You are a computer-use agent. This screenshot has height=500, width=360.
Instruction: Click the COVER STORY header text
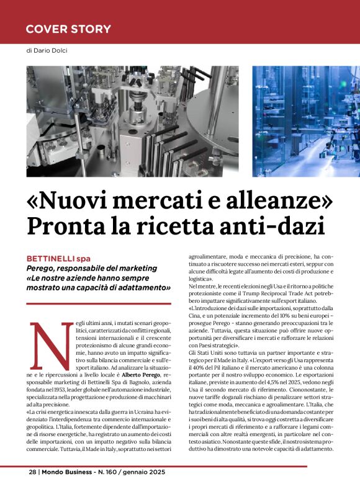[68, 29]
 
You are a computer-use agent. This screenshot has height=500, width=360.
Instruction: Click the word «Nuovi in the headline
[68, 201]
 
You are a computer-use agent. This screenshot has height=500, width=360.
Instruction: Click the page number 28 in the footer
[32, 471]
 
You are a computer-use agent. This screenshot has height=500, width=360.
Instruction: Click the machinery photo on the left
[132, 121]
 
